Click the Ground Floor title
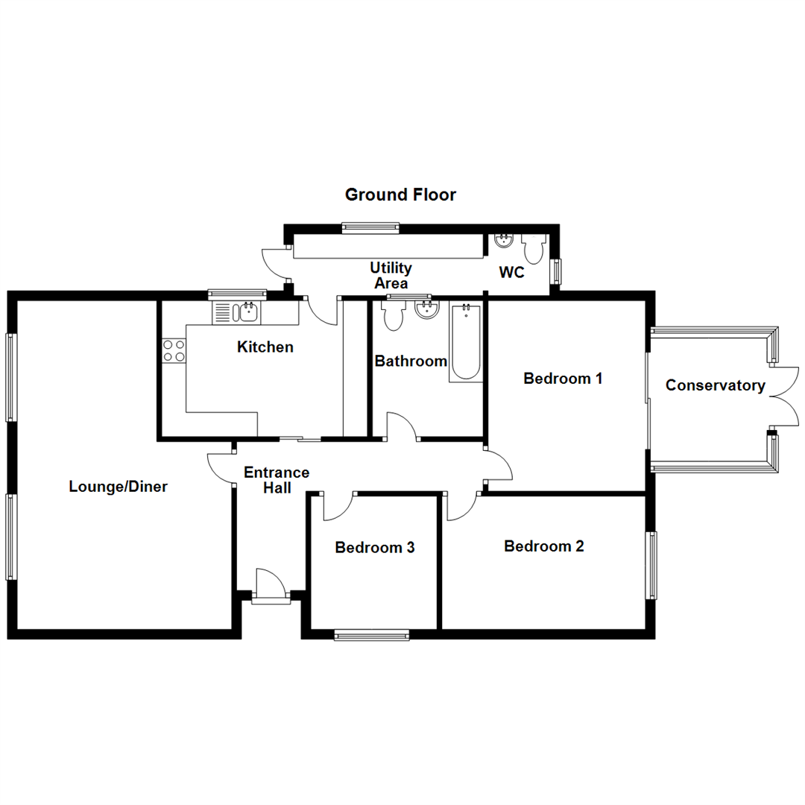(400, 195)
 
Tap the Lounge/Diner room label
(119, 487)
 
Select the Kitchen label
(265, 347)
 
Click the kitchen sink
(247, 312)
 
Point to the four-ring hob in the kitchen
(174, 350)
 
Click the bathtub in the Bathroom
(466, 343)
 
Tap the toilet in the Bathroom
(392, 315)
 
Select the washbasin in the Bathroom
(426, 311)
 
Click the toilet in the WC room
(534, 245)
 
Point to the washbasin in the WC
(504, 240)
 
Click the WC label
(511, 273)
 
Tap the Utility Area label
(391, 275)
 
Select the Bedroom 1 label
(563, 378)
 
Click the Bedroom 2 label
(544, 546)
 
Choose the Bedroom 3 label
(374, 548)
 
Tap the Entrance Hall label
(277, 480)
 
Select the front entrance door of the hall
(270, 586)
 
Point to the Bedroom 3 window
(371, 635)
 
